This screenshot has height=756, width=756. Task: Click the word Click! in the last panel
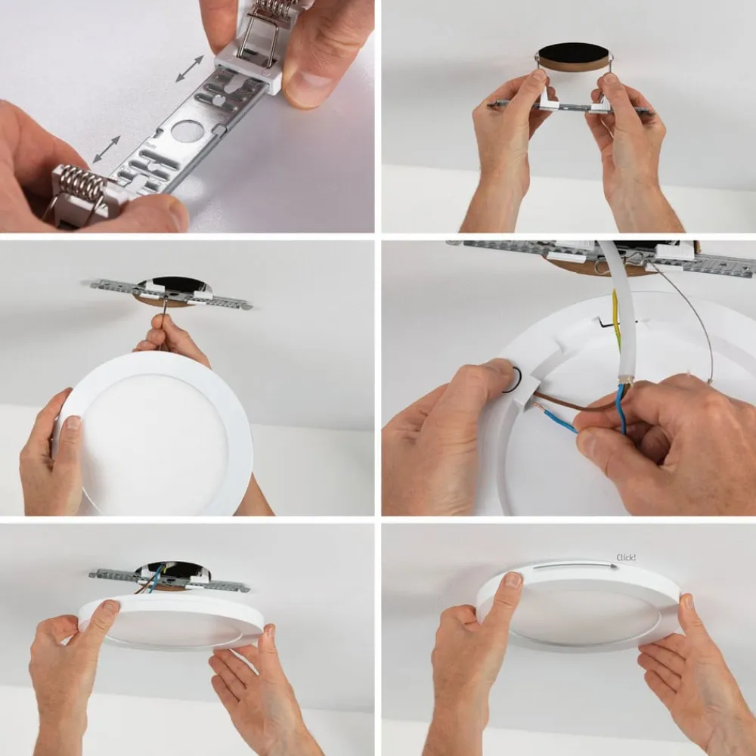coord(626,558)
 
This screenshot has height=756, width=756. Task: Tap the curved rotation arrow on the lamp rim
coord(575,565)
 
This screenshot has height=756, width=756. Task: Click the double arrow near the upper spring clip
coord(190,68)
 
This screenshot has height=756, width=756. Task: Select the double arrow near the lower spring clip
coord(107,149)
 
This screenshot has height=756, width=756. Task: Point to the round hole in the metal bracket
coord(187,131)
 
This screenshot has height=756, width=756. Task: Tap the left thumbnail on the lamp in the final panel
coord(512,580)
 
